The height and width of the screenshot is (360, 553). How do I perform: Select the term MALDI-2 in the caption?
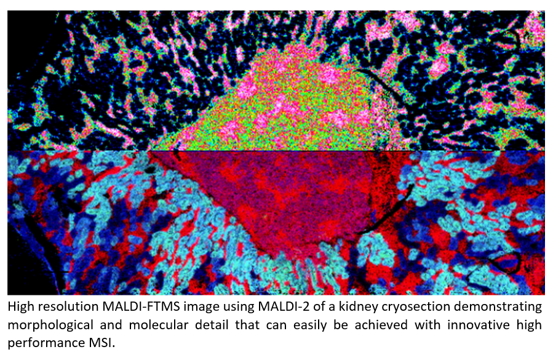284,306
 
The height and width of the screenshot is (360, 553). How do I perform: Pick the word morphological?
50,325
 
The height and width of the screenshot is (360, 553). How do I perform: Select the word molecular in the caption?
158,324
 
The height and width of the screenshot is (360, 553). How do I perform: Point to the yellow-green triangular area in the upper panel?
282,113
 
